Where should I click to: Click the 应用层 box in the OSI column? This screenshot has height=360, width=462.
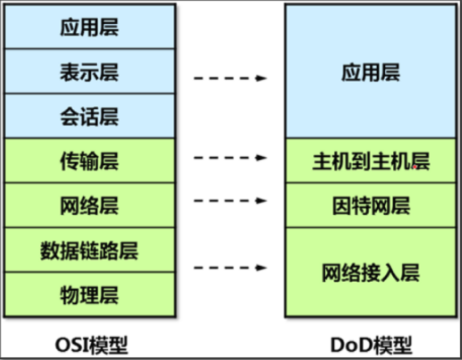[89, 27]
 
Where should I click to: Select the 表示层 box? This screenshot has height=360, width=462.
[89, 71]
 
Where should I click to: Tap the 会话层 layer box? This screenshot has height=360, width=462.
[89, 116]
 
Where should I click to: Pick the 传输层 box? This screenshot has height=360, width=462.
[89, 161]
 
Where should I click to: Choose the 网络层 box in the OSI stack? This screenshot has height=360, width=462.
[89, 205]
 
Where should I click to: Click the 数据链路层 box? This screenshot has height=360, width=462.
[89, 250]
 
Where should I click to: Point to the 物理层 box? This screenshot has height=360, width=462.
[89, 295]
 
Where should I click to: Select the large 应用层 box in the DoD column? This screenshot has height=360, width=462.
[371, 72]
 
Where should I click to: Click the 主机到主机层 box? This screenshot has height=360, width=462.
[371, 161]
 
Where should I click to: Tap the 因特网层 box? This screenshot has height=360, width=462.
[371, 205]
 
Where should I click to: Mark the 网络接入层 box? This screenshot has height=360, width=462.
[371, 272]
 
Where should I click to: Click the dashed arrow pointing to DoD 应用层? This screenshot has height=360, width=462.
[230, 78]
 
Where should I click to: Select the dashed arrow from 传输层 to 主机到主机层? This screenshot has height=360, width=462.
[230, 158]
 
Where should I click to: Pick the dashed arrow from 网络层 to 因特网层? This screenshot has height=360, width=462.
[230, 201]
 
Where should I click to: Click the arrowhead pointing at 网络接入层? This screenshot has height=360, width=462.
[263, 268]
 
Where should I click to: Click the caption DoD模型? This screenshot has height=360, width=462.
[372, 344]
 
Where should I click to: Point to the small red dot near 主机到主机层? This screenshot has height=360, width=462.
[414, 168]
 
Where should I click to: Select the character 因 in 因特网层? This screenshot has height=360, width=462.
[342, 205]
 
